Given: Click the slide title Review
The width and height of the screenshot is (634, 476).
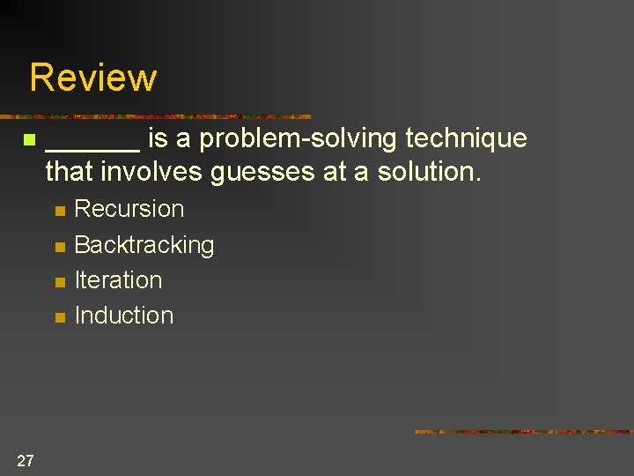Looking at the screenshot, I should pyautogui.click(x=92, y=78).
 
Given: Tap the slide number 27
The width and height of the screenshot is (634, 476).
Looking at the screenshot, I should pyautogui.click(x=26, y=460).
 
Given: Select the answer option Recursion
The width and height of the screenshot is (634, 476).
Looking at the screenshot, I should pyautogui.click(x=129, y=209).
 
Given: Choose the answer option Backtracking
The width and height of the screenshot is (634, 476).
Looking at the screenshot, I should pyautogui.click(x=144, y=245).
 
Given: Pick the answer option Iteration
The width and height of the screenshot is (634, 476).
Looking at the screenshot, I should pyautogui.click(x=118, y=280).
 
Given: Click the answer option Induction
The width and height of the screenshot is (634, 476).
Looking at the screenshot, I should pyautogui.click(x=124, y=316).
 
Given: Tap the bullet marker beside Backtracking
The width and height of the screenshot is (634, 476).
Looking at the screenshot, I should pyautogui.click(x=59, y=247).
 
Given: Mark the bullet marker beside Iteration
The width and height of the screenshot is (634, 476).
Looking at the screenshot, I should pyautogui.click(x=59, y=282).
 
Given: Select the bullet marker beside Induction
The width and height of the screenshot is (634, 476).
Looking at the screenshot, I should pyautogui.click(x=59, y=317).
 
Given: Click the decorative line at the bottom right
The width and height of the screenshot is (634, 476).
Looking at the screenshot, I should pyautogui.click(x=523, y=432).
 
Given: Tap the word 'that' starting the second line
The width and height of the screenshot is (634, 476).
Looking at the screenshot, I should pyautogui.click(x=70, y=172).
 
